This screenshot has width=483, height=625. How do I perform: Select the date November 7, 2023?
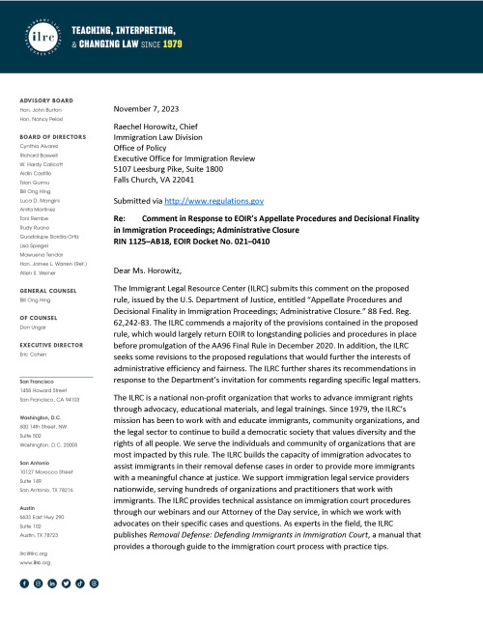(150, 108)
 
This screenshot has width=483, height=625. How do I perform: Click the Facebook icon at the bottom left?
(24, 583)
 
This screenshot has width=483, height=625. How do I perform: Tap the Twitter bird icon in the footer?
(66, 583)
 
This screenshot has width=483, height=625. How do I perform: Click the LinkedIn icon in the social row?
(52, 583)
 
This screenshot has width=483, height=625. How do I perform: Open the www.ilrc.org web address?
(35, 560)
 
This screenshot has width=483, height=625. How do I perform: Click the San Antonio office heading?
(36, 462)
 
